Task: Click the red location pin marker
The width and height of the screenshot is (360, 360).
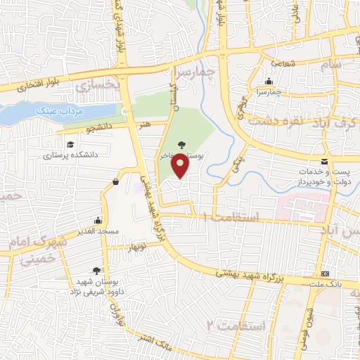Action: pyautogui.click(x=181, y=165)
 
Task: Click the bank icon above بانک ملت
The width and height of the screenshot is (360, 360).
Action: pyautogui.click(x=325, y=273)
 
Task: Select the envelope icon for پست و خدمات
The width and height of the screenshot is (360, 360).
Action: pyautogui.click(x=324, y=161)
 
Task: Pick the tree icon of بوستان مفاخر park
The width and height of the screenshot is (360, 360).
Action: pyautogui.click(x=181, y=145)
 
